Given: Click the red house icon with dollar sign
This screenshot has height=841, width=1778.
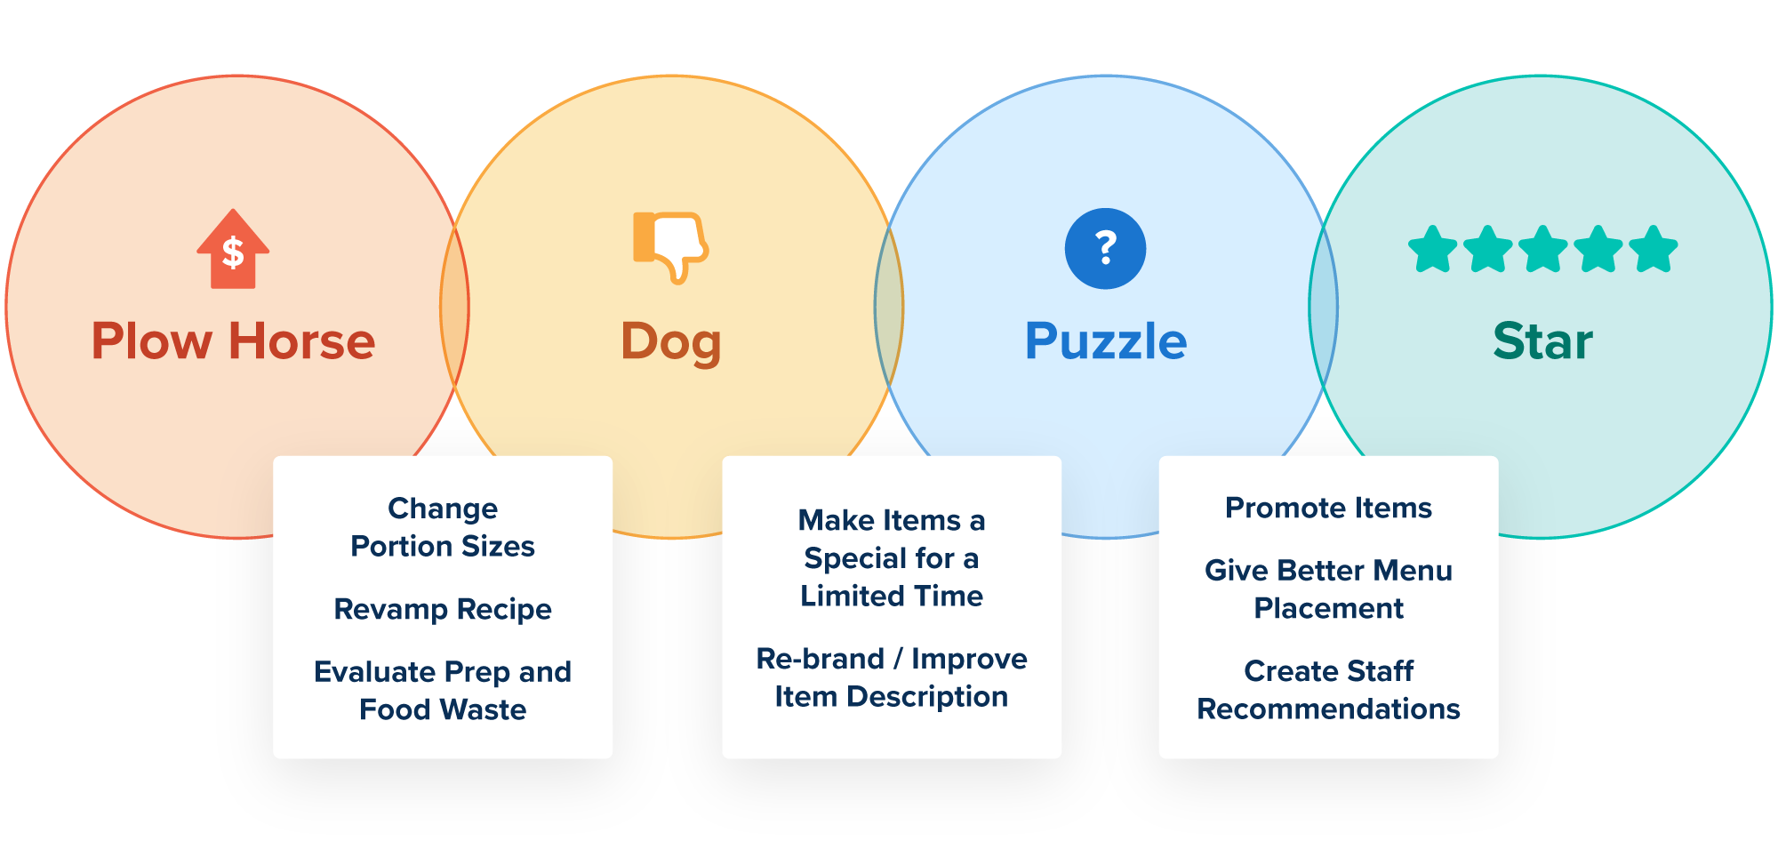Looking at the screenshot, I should pyautogui.click(x=233, y=250).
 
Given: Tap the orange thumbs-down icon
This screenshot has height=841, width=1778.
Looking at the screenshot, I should pyautogui.click(x=670, y=246).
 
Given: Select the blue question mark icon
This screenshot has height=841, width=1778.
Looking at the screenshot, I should pyautogui.click(x=1105, y=249).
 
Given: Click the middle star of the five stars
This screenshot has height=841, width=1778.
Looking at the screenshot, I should pyautogui.click(x=1543, y=250).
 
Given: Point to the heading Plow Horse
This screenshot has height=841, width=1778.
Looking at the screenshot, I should pyautogui.click(x=233, y=341).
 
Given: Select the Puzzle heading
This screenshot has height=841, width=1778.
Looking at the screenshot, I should pyautogui.click(x=1105, y=341).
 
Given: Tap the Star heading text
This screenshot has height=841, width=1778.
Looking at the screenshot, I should pyautogui.click(x=1542, y=341).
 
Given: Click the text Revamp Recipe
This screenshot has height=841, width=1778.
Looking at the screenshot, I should pyautogui.click(x=443, y=610).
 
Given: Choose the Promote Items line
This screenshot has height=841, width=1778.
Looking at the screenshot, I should pyautogui.click(x=1328, y=508).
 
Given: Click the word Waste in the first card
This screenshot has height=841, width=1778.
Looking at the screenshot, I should pyautogui.click(x=484, y=709).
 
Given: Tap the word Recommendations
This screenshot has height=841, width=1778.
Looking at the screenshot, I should pyautogui.click(x=1328, y=709).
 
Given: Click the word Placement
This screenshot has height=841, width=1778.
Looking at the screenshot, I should pyautogui.click(x=1328, y=608).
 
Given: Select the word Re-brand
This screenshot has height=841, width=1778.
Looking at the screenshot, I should pyautogui.click(x=820, y=659).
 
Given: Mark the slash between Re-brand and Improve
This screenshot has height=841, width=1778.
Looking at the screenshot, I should pyautogui.click(x=898, y=659).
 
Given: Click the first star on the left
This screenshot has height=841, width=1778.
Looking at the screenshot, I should pyautogui.click(x=1433, y=250).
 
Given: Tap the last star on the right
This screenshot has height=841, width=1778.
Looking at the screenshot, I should pyautogui.click(x=1654, y=250).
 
